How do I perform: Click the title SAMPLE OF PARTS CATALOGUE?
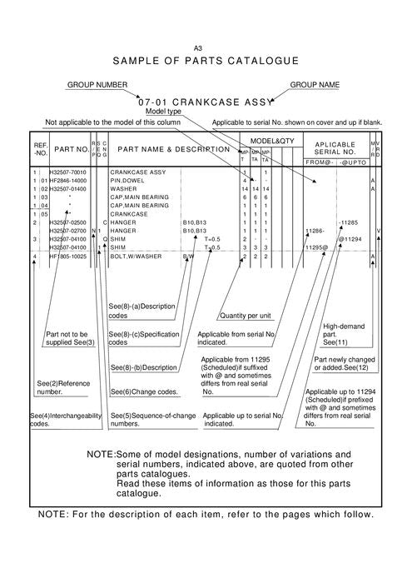[x=206, y=62]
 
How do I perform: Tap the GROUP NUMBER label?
[x=97, y=85]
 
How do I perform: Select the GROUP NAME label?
[x=317, y=85]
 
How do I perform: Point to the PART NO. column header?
[x=72, y=150]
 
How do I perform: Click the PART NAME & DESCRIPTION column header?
[x=174, y=150]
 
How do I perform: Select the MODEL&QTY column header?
[x=272, y=142]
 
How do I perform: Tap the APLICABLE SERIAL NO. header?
[x=335, y=148]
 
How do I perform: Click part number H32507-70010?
[x=69, y=172]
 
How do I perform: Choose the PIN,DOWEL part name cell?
[x=128, y=181]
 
